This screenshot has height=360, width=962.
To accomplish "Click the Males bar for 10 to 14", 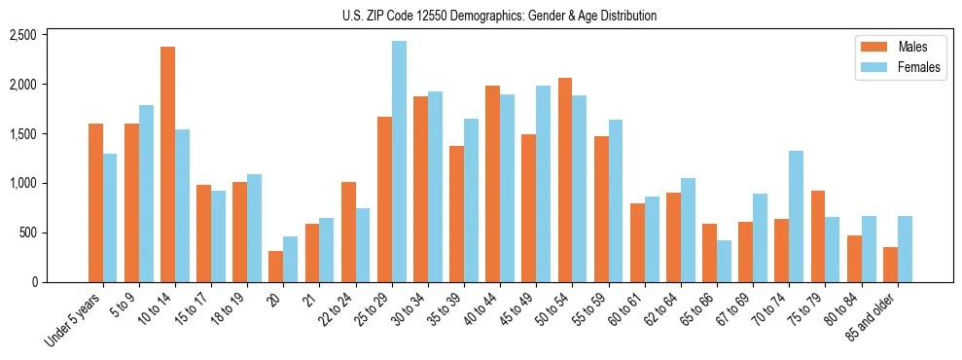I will pyautogui.click(x=168, y=164).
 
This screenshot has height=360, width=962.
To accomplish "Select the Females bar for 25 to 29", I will pyautogui.click(x=400, y=162).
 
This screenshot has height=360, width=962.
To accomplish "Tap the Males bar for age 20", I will pyautogui.click(x=276, y=267).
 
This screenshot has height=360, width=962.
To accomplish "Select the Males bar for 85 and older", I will pyautogui.click(x=891, y=265).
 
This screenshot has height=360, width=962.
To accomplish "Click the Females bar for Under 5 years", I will pyautogui.click(x=110, y=218).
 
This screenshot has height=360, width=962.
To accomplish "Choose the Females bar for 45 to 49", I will pyautogui.click(x=544, y=184).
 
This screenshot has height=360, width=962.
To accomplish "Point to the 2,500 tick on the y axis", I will pyautogui.click(x=22, y=35).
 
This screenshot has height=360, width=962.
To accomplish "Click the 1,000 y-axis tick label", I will pyautogui.click(x=22, y=183).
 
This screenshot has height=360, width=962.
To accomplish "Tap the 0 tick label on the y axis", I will pyautogui.click(x=33, y=282).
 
